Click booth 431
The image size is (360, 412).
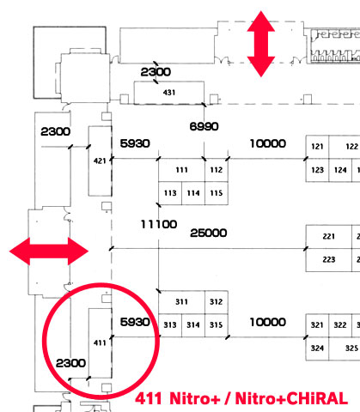point(169,93)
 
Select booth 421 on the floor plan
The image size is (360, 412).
point(100,161)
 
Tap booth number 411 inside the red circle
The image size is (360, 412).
point(100,342)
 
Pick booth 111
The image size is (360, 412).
point(181,170)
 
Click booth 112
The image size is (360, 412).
point(217,170)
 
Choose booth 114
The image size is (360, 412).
point(193,193)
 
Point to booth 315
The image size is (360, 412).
point(217,325)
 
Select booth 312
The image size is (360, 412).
point(217,302)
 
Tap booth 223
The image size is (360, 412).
point(329,260)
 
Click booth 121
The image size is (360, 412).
point(317,147)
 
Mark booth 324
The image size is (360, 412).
point(317,348)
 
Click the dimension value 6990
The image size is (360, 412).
point(204,126)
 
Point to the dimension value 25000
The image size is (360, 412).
point(209,233)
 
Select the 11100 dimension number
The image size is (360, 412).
point(159,224)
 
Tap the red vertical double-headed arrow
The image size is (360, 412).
point(261,44)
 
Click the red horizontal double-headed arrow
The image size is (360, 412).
point(49,251)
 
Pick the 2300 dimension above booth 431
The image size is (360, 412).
point(156,72)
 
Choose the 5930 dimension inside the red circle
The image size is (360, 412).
point(135,322)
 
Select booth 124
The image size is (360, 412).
point(340,170)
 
